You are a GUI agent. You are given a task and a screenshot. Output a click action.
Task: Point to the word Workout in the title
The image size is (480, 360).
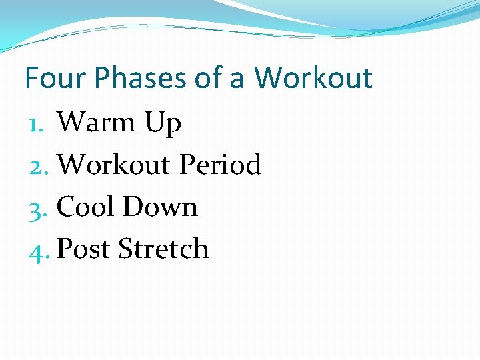pos(313,78)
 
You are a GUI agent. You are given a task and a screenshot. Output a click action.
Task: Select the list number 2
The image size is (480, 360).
pos(38,165)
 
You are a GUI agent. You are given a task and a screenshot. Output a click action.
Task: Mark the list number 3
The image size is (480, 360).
pos(37,207)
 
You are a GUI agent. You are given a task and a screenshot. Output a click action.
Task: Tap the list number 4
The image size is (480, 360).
pos(37,249)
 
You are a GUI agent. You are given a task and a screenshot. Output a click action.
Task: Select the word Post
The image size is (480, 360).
pos(84,249)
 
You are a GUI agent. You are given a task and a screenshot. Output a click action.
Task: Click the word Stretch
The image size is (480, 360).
pos(163,249)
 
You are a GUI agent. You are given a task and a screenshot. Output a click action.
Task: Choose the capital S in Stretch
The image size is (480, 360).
pos(125,249)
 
